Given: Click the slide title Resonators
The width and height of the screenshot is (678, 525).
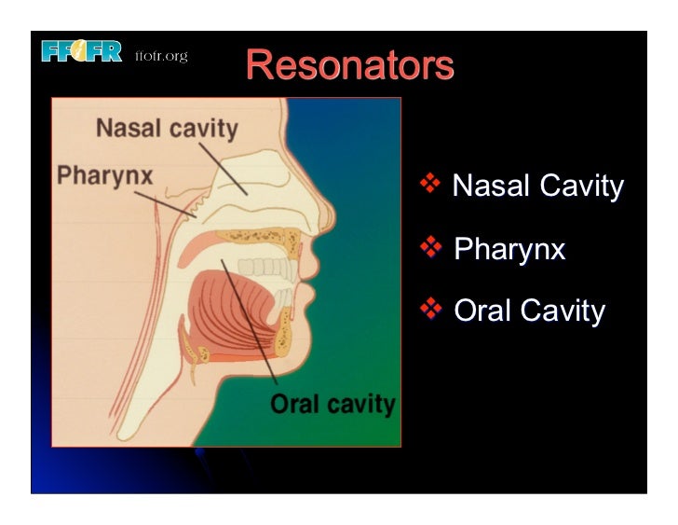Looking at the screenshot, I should pos(350,65).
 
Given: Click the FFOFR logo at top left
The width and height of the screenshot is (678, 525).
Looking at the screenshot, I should pos(82,52).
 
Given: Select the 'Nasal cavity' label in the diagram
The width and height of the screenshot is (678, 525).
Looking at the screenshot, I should pos(168,128).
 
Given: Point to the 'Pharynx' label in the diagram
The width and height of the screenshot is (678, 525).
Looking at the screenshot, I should pos(105,174).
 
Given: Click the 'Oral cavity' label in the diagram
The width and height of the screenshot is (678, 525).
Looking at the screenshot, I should pos(332,405).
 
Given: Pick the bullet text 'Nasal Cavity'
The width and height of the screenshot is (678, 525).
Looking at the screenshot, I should pos(537,187).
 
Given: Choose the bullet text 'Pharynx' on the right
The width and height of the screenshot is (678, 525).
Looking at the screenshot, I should pos(509,249).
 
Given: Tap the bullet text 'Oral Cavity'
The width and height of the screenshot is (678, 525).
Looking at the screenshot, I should pos(529,311).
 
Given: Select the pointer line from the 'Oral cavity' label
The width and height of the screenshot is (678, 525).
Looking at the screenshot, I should pos(250,322).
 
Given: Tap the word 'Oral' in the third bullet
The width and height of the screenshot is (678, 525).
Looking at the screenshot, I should pos(481,311).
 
